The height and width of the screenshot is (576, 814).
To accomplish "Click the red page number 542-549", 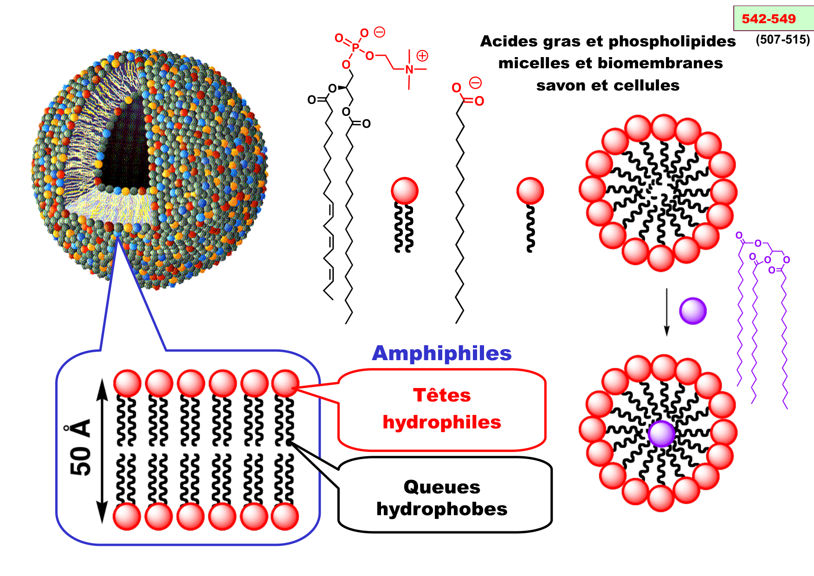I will point(769,19).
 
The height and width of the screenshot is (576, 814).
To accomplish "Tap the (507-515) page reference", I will point(782,40).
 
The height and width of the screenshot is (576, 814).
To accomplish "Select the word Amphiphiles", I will point(441,353).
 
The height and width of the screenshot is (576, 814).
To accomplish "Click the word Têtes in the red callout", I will point(442,395).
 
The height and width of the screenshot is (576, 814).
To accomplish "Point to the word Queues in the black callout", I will point(442,487).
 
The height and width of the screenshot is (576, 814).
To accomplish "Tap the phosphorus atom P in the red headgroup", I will point(355,47).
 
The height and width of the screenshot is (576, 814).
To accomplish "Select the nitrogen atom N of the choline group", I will point(409,70).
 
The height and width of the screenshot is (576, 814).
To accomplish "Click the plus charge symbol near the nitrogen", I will point(422,56).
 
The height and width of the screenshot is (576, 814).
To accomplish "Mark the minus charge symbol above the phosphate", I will point(380,32).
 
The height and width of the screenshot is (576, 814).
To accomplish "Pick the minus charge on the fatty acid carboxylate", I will point(476,83).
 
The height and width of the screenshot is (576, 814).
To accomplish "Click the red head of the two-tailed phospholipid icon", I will point(405,190).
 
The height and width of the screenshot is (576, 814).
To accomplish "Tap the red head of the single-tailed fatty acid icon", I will point(530,190).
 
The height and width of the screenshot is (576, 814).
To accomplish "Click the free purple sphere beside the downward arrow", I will point(692,311).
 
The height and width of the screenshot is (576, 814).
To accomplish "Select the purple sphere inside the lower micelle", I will point(661,434).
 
